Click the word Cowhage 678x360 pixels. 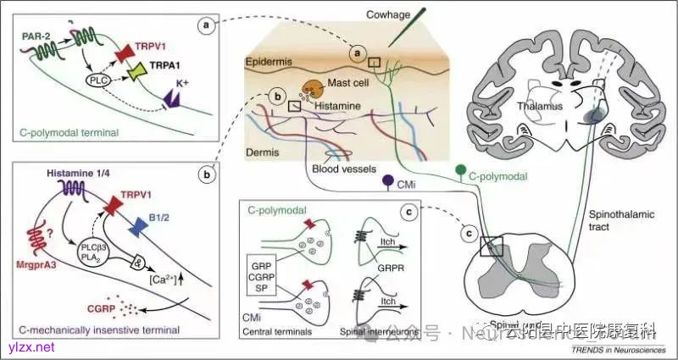[x=392, y=14]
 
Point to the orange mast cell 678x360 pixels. [x=312, y=91]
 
